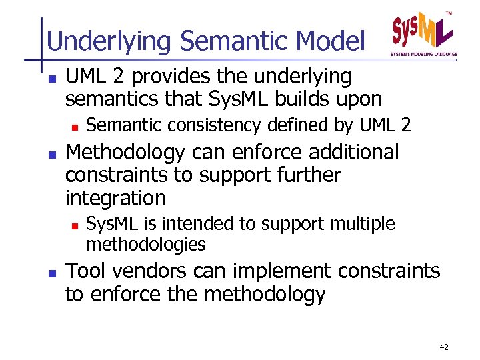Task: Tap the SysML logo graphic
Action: click(421, 31)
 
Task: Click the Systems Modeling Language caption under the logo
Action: click(423, 54)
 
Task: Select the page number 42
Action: click(445, 347)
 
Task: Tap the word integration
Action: click(115, 198)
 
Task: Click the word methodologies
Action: click(146, 244)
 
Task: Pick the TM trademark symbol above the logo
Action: click(448, 12)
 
